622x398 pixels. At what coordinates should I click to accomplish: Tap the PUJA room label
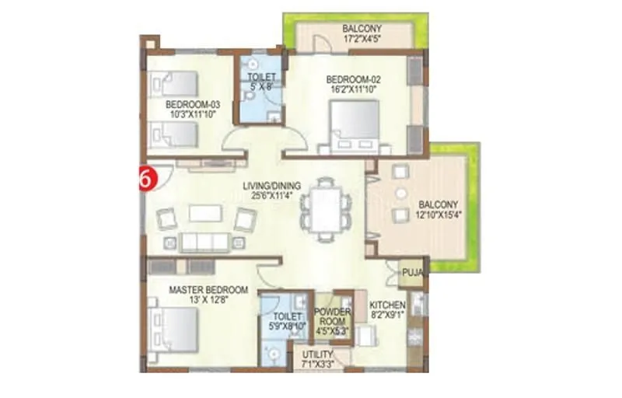point(411,273)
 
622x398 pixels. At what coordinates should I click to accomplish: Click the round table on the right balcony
point(400,194)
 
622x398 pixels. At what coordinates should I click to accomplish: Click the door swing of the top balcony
point(322,44)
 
